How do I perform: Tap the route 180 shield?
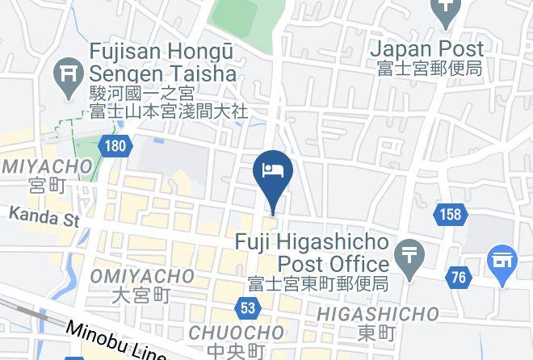(x=115, y=146)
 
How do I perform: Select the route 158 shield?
(x=450, y=214)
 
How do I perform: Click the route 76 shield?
(x=458, y=278)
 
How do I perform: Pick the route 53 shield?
(x=247, y=308)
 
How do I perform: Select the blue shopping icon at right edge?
(x=502, y=261)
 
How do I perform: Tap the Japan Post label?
(x=427, y=49)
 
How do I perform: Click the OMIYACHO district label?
(x=142, y=276)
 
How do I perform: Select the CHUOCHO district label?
(x=236, y=333)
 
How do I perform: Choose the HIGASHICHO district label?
(x=377, y=314)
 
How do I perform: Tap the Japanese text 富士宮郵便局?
(x=429, y=69)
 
